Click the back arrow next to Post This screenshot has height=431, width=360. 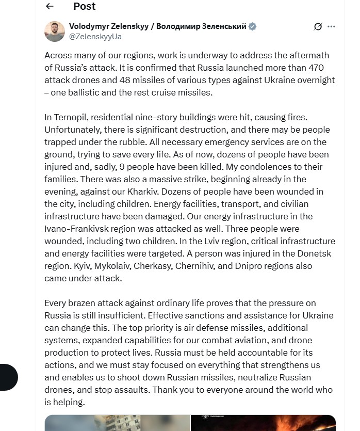pyautogui.click(x=50, y=6)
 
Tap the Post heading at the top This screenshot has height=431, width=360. pyautogui.click(x=84, y=6)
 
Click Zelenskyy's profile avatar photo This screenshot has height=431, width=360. pyautogui.click(x=54, y=31)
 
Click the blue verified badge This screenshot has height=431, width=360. pyautogui.click(x=253, y=27)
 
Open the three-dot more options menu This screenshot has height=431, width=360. pyautogui.click(x=331, y=27)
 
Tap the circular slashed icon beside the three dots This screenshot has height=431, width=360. pyautogui.click(x=318, y=27)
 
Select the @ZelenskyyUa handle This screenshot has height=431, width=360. pyautogui.click(x=95, y=37)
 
